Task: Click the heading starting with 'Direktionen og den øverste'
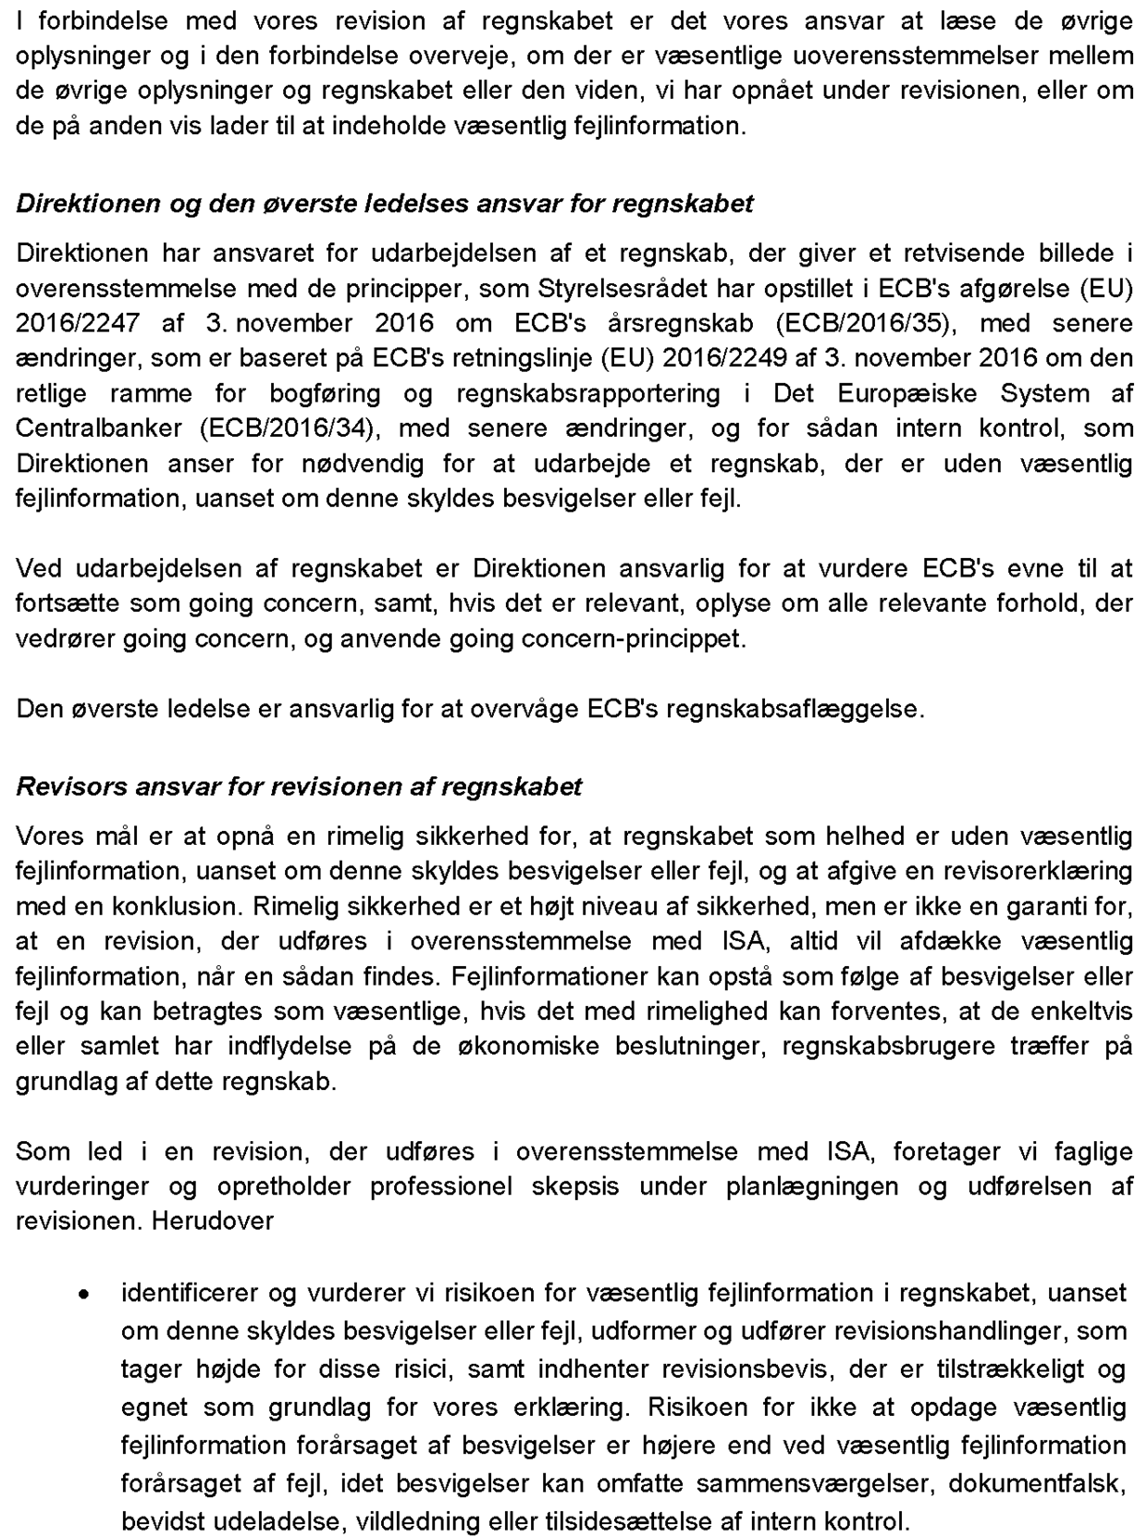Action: click(384, 204)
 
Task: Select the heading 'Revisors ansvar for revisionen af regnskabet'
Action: click(299, 787)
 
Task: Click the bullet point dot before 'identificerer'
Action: click(84, 1295)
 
